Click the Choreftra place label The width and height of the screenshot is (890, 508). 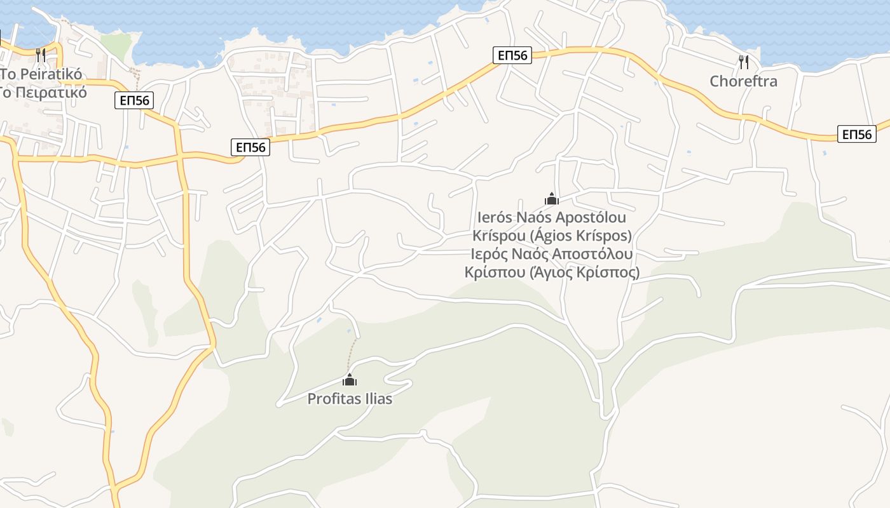[x=743, y=81]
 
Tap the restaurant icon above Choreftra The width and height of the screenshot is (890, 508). [x=743, y=62]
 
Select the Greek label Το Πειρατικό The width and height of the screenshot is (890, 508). [x=44, y=92]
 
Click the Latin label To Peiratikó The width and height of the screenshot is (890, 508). [x=42, y=74]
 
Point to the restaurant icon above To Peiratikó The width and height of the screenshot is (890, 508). [x=41, y=55]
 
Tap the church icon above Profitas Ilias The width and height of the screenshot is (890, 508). [x=349, y=380]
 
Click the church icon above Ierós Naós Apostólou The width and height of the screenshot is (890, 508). [x=551, y=199]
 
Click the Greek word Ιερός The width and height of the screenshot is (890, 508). [x=490, y=254]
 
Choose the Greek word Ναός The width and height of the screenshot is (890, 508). [x=531, y=254]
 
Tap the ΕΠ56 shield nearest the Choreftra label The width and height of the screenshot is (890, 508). [x=856, y=134]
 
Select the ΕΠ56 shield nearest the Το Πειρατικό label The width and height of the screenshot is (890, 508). [x=133, y=100]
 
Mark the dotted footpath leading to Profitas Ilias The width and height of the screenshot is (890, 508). [x=352, y=356]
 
